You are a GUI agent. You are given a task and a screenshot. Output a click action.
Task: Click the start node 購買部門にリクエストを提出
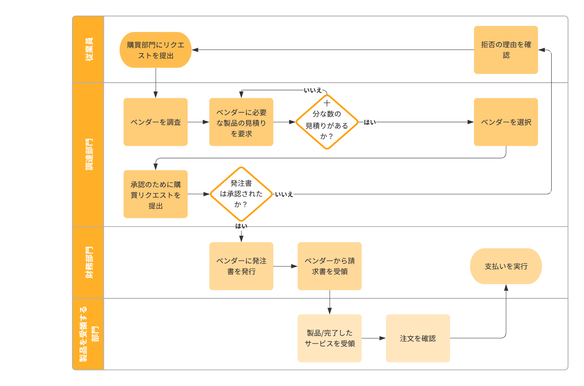click(x=155, y=50)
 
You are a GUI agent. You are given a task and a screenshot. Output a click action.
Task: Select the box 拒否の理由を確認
click(x=506, y=50)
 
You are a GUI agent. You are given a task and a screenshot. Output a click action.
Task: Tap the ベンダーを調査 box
click(x=156, y=122)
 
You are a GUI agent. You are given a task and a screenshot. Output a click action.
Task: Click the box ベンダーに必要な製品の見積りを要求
click(x=241, y=122)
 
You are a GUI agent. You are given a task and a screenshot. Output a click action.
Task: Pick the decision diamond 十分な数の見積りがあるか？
click(x=327, y=122)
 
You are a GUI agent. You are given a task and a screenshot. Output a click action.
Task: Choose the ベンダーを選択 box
click(x=506, y=122)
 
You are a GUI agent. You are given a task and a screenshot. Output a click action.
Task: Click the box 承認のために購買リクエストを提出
click(x=156, y=194)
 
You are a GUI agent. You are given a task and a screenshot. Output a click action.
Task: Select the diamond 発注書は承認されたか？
click(x=241, y=194)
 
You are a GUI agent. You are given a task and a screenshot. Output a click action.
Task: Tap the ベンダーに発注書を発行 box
click(x=241, y=266)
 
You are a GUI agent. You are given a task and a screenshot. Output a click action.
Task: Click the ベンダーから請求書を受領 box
click(x=330, y=266)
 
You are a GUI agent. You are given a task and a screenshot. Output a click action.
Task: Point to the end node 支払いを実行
click(x=506, y=266)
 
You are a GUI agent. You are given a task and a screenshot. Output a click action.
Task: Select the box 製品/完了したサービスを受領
click(x=330, y=338)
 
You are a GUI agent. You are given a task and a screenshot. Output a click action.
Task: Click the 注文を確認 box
click(x=418, y=338)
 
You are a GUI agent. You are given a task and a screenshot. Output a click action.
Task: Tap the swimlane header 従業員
click(x=88, y=50)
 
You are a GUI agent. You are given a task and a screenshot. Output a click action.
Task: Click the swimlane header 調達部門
click(x=88, y=155)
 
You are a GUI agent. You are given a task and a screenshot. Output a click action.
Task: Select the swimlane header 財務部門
click(x=88, y=262)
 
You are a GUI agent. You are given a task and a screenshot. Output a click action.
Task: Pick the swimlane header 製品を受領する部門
click(x=88, y=334)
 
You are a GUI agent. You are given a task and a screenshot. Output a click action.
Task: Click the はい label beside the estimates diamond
click(x=370, y=122)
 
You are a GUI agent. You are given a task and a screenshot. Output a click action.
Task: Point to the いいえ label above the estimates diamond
click(x=313, y=90)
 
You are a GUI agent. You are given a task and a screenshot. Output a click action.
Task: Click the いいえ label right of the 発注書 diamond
click(x=284, y=194)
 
